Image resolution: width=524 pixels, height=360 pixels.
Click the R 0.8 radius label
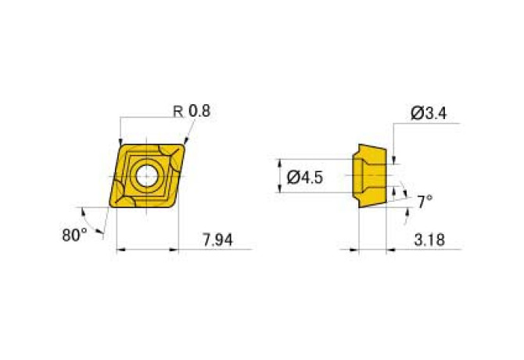point(192,111)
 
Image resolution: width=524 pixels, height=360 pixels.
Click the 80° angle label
point(75,233)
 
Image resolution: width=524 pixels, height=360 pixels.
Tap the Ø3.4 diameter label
point(428,114)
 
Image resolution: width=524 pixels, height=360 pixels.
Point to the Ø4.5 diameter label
point(305,178)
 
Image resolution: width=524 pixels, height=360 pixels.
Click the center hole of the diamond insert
point(146,176)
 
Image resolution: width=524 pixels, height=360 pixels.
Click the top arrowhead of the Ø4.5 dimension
point(281,161)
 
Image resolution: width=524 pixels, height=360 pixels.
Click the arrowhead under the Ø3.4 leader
point(394,160)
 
